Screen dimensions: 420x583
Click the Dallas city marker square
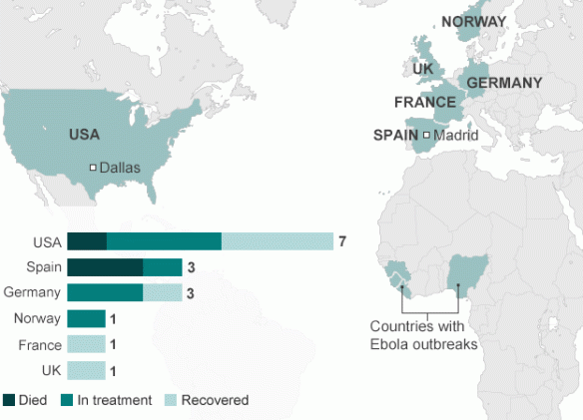coord(93,168)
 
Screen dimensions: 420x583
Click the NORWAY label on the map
coord(473,22)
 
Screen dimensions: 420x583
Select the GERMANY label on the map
coord(504,83)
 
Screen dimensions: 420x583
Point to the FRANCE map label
coord(425,103)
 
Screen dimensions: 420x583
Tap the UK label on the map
coord(422,69)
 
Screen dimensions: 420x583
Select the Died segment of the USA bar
coord(86,241)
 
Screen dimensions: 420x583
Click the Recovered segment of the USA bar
coord(277,241)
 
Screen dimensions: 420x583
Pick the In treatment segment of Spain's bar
coord(162,266)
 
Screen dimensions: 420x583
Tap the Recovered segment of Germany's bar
coord(162,292)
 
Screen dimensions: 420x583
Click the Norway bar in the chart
coord(86,318)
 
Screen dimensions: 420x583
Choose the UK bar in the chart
coord(86,370)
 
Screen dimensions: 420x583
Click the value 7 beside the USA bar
coord(342,241)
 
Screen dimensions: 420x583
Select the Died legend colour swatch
coord(9,400)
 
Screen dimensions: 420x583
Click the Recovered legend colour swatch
coord(170,400)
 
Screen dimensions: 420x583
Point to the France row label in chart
coord(40,344)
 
